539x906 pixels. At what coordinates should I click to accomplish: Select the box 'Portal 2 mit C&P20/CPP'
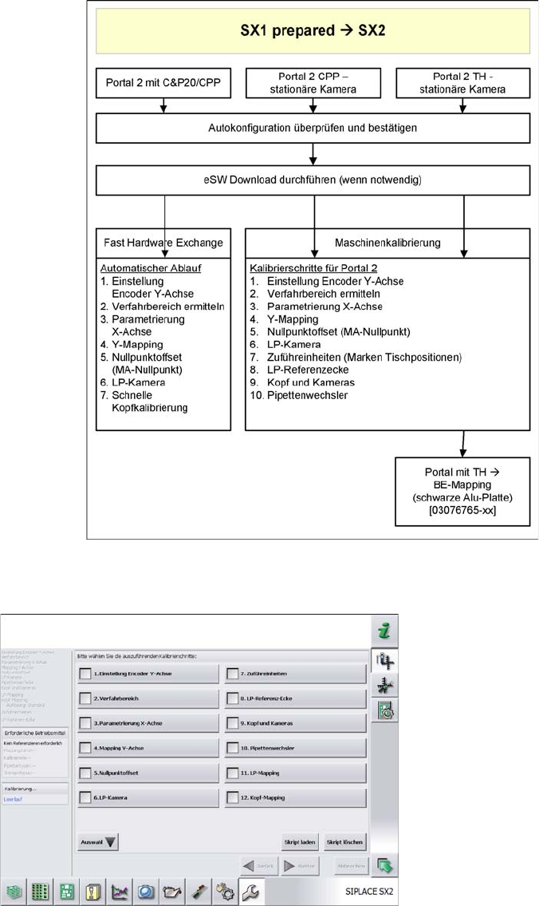click(x=164, y=82)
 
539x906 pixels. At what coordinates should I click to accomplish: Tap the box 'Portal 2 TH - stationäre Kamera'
click(x=462, y=82)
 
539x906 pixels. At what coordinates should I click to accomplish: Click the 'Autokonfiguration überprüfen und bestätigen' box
click(x=313, y=127)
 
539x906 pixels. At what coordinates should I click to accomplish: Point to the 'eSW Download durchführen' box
click(x=313, y=180)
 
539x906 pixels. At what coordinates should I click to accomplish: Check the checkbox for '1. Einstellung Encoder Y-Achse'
click(x=85, y=674)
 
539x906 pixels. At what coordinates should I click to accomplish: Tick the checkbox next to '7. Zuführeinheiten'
click(x=233, y=674)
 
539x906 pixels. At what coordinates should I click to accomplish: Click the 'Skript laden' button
click(x=300, y=842)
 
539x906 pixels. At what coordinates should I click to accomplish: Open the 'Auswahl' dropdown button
click(x=97, y=842)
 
